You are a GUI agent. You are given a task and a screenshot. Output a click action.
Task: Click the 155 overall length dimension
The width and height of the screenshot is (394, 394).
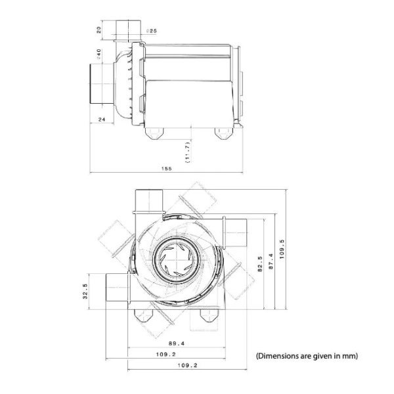point(168,169)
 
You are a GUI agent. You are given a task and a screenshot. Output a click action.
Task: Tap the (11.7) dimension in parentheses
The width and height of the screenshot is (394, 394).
point(188,150)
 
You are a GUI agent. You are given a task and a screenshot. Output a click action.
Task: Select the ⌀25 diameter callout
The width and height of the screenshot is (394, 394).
point(151,31)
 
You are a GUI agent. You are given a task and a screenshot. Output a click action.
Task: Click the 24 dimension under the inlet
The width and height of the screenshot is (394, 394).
point(102,120)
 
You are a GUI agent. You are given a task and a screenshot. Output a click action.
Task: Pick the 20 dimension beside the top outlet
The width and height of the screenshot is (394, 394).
point(98,30)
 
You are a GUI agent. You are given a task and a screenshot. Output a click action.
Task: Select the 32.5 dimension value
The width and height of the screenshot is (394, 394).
point(85,290)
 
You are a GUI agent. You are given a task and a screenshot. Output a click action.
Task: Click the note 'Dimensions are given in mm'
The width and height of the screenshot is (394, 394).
point(306,356)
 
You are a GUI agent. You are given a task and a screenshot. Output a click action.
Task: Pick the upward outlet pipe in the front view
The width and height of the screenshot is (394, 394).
point(148,200)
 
